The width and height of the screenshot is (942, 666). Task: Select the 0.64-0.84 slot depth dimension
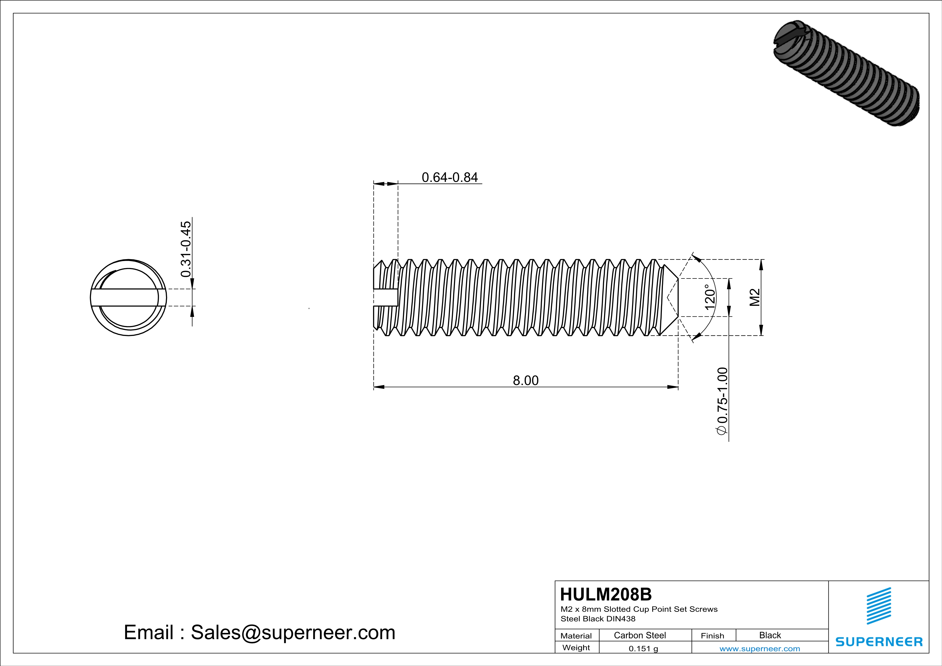pos(450,177)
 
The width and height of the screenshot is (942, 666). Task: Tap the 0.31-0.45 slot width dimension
pos(186,249)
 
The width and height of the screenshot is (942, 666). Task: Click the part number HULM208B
pos(605,594)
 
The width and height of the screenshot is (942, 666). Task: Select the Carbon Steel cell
pos(640,635)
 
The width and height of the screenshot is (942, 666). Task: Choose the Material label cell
pos(576,636)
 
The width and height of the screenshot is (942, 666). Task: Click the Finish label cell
pos(712,636)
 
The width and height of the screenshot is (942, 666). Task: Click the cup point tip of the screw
pos(673,298)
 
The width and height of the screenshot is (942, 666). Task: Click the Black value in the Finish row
pos(770,635)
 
